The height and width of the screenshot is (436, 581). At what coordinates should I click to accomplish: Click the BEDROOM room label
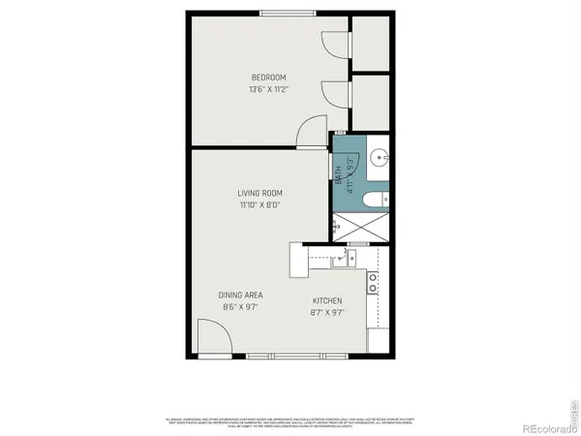tap(268, 77)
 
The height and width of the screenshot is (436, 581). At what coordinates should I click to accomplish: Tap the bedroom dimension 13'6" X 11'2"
tap(268, 88)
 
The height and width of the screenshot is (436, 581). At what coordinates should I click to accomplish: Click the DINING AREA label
tap(241, 296)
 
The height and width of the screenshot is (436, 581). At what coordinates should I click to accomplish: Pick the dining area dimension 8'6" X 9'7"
tap(241, 307)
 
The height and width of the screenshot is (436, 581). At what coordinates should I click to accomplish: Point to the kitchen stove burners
tap(373, 283)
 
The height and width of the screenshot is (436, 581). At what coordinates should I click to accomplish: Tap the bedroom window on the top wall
tap(287, 13)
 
